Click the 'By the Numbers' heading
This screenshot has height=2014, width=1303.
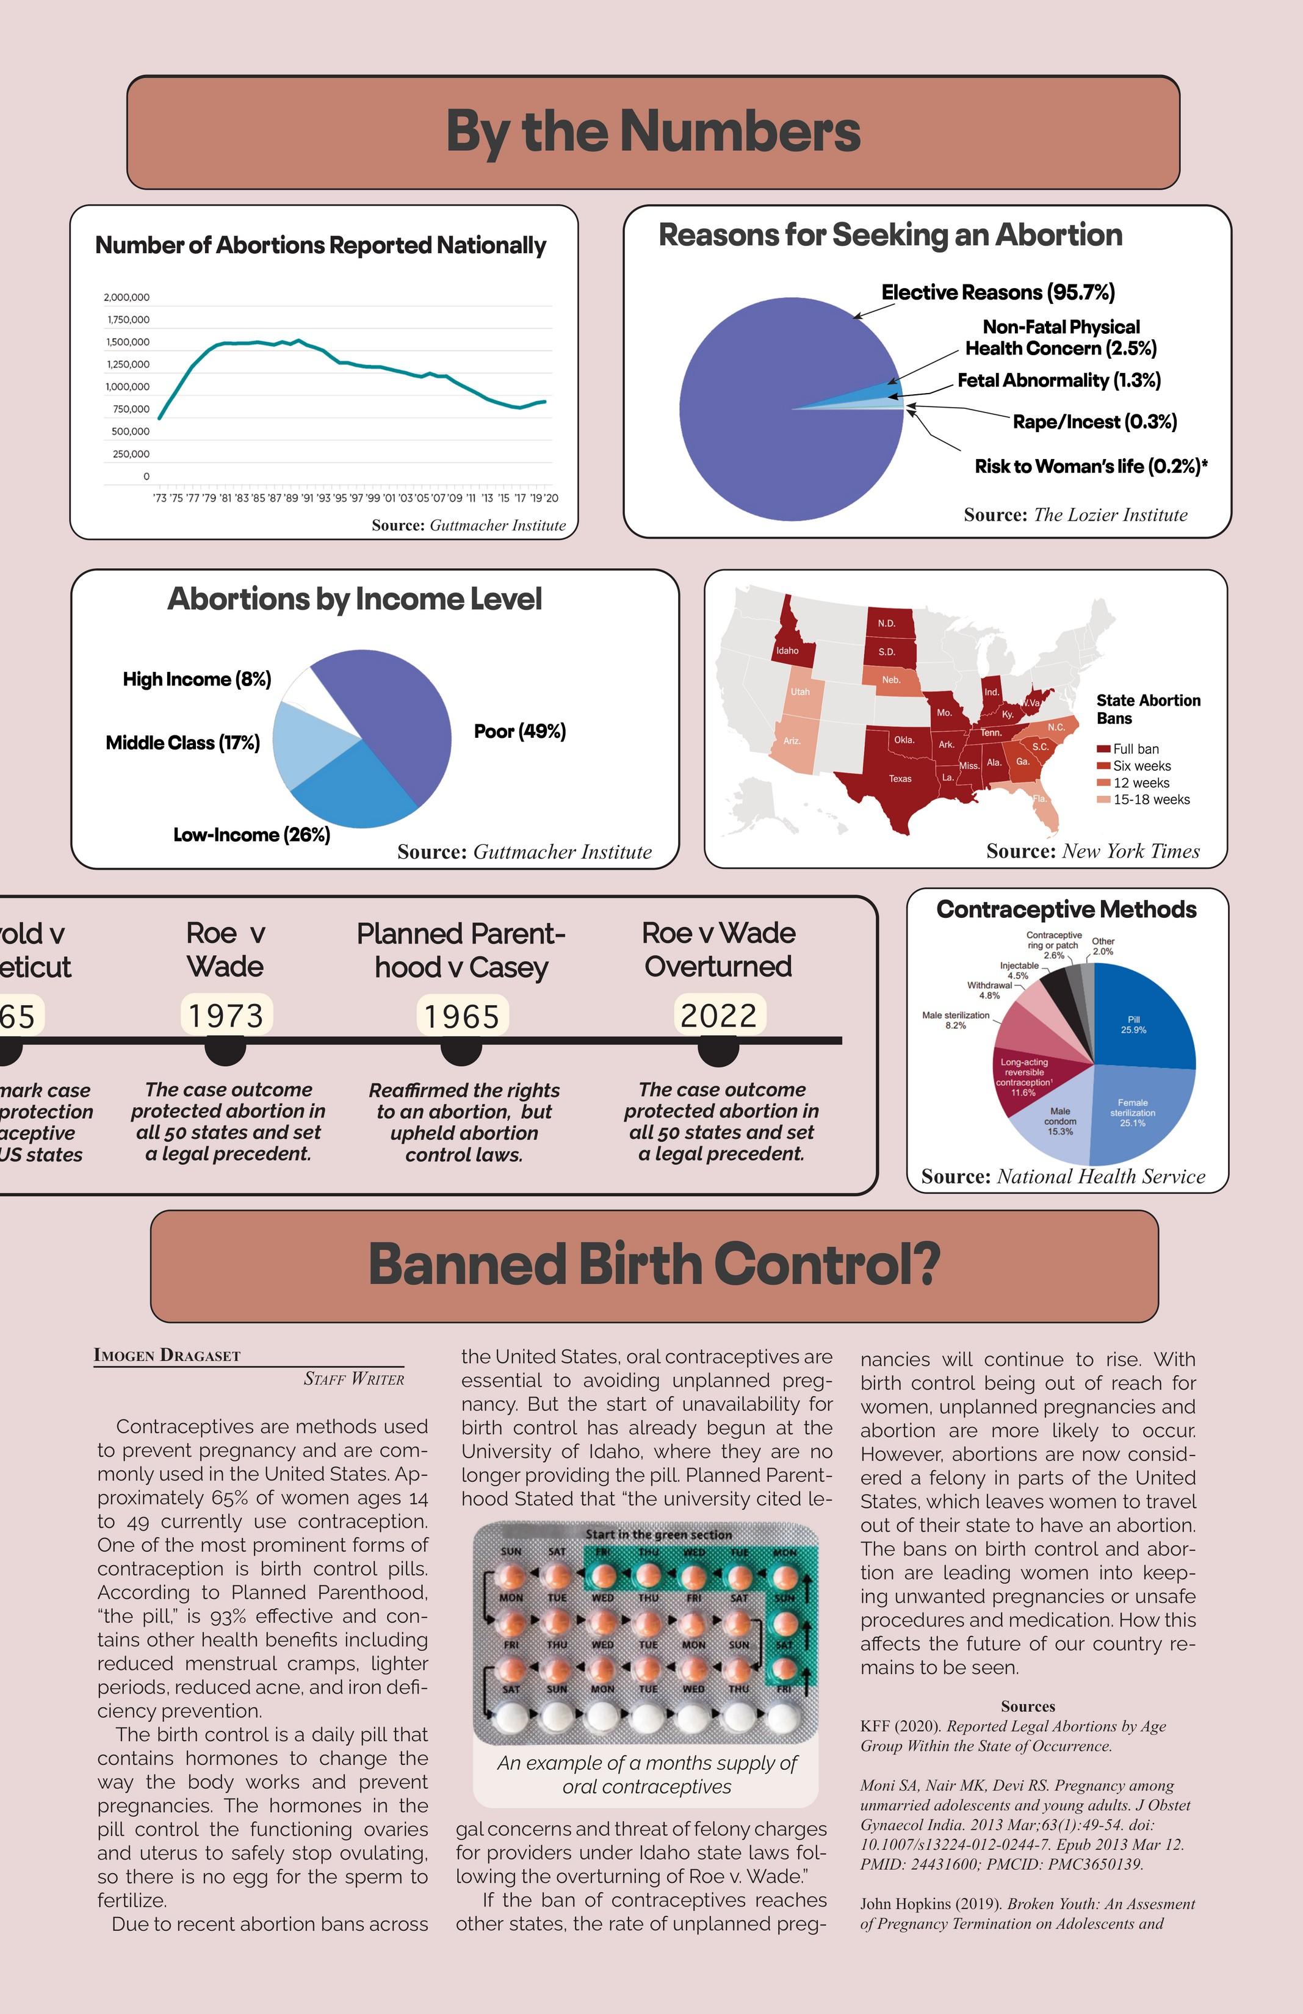pos(652,132)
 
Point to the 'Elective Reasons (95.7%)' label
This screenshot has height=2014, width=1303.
pos(998,293)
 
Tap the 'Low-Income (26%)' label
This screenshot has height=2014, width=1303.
pos(251,835)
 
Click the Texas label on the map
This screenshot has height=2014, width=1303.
pos(900,779)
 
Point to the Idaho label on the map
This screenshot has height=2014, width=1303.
pos(787,651)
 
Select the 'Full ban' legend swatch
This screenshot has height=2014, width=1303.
pos(1102,749)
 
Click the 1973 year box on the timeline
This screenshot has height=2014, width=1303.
pos(226,1015)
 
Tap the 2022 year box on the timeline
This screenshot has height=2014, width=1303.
pos(718,1015)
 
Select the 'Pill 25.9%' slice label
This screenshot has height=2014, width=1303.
pos(1134,1025)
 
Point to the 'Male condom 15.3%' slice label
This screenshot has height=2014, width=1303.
pos(1060,1121)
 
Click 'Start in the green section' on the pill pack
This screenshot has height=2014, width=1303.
pos(659,1534)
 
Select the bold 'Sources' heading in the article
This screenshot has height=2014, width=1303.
pos(1027,1707)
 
